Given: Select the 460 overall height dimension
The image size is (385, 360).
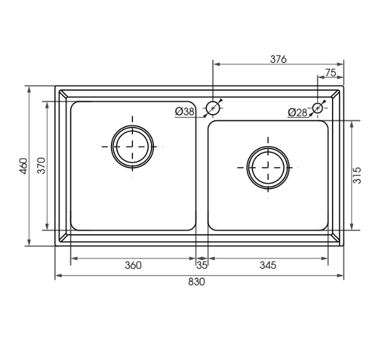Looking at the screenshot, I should click(x=23, y=166).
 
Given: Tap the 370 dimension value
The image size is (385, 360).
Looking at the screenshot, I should click(x=41, y=166).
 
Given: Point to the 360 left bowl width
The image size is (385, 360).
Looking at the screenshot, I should click(x=133, y=266).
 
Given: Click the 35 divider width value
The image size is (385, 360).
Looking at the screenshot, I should click(x=201, y=266).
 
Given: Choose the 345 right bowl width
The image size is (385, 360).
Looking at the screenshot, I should click(x=267, y=266).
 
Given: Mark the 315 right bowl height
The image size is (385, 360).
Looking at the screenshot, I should click(x=357, y=175).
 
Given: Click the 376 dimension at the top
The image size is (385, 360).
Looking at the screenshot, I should click(x=278, y=59).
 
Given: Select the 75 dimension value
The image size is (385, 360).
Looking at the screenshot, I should click(x=330, y=73).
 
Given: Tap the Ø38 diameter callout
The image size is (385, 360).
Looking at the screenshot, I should click(x=185, y=112).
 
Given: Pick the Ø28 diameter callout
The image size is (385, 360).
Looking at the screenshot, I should click(x=298, y=112).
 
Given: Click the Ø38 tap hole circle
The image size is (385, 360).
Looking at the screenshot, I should click(x=213, y=108).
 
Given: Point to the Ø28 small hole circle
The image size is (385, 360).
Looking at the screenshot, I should click(x=317, y=108).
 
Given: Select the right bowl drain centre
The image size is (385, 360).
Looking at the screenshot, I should click(x=268, y=167).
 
